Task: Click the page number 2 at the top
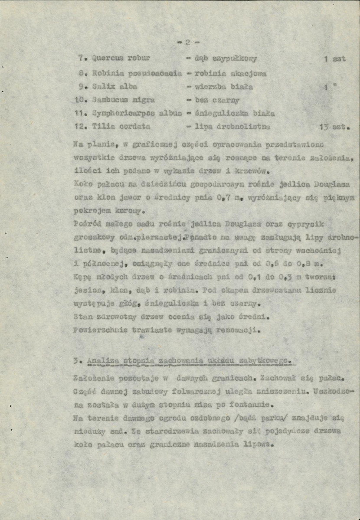pyautogui.click(x=187, y=43)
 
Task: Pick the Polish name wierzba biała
pyautogui.click(x=224, y=87)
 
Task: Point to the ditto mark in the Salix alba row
pyautogui.click(x=334, y=86)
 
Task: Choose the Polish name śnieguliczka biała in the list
pyautogui.click(x=234, y=114)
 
